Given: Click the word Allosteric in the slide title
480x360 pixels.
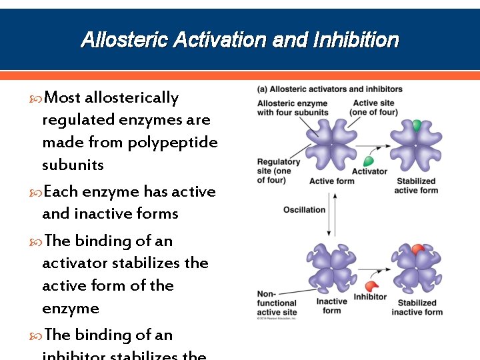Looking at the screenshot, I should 124,41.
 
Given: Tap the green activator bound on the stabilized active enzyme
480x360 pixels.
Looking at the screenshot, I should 417,125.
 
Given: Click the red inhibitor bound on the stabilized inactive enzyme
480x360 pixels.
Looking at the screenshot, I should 417,249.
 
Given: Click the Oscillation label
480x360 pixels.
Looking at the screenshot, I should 304,209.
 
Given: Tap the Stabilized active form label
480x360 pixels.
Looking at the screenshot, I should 415,186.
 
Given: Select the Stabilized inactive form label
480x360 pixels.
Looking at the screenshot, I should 417,307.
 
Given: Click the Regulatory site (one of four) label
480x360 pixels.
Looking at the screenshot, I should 278,171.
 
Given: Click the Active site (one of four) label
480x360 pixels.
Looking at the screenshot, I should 373,108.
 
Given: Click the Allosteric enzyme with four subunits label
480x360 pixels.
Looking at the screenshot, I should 292,108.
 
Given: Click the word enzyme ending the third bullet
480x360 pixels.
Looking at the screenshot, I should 70,309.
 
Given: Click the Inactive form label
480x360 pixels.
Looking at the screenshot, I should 331,306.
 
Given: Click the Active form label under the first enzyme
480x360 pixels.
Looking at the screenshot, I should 331,181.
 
